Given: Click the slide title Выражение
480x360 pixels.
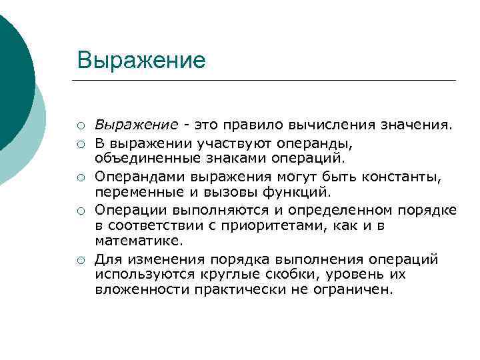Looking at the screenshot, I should click(141, 60).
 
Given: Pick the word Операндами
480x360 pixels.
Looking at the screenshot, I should click(141, 177).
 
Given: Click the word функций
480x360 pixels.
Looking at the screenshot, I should click(297, 193).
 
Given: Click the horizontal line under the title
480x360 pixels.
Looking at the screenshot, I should click(267, 81).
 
